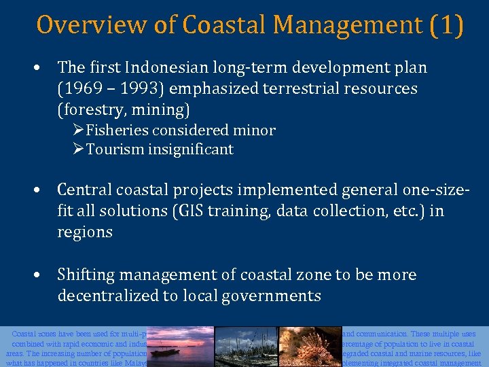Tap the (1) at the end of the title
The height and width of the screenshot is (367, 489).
pos(447,25)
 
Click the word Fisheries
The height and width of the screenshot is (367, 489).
pos(118,130)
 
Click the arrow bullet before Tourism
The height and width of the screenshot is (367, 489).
pos(79,150)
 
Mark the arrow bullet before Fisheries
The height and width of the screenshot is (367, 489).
pos(79,130)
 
